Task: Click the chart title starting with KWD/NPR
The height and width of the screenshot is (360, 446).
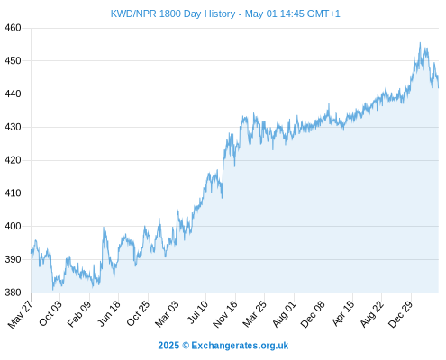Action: [225, 13]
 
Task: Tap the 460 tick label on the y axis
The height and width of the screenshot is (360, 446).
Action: [13, 28]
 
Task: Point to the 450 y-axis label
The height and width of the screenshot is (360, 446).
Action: [13, 61]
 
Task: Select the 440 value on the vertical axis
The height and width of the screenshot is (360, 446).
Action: [13, 94]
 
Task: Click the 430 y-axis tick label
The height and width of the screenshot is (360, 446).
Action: [13, 127]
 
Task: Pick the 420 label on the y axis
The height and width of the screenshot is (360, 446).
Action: [13, 160]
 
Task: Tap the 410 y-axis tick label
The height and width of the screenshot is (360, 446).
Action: [13, 193]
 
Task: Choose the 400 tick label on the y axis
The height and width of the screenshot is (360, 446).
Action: [13, 226]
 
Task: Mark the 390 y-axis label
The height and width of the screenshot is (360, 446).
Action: [13, 259]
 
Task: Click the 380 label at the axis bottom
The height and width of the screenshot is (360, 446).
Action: [13, 292]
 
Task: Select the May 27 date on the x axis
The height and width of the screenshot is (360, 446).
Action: [21, 314]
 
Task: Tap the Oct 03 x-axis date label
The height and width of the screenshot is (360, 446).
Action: [50, 313]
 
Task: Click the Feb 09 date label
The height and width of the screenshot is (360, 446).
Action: [78, 313]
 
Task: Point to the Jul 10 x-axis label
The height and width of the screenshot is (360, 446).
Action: [197, 312]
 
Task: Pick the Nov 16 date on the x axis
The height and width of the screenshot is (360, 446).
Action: [225, 314]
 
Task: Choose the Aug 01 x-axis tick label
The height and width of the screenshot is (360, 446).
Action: [284, 313]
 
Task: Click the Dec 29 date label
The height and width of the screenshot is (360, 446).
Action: [400, 314]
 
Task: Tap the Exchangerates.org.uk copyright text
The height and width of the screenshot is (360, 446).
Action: [223, 346]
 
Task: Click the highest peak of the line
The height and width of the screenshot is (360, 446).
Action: [420, 43]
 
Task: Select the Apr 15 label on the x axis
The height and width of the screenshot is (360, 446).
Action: [343, 313]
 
